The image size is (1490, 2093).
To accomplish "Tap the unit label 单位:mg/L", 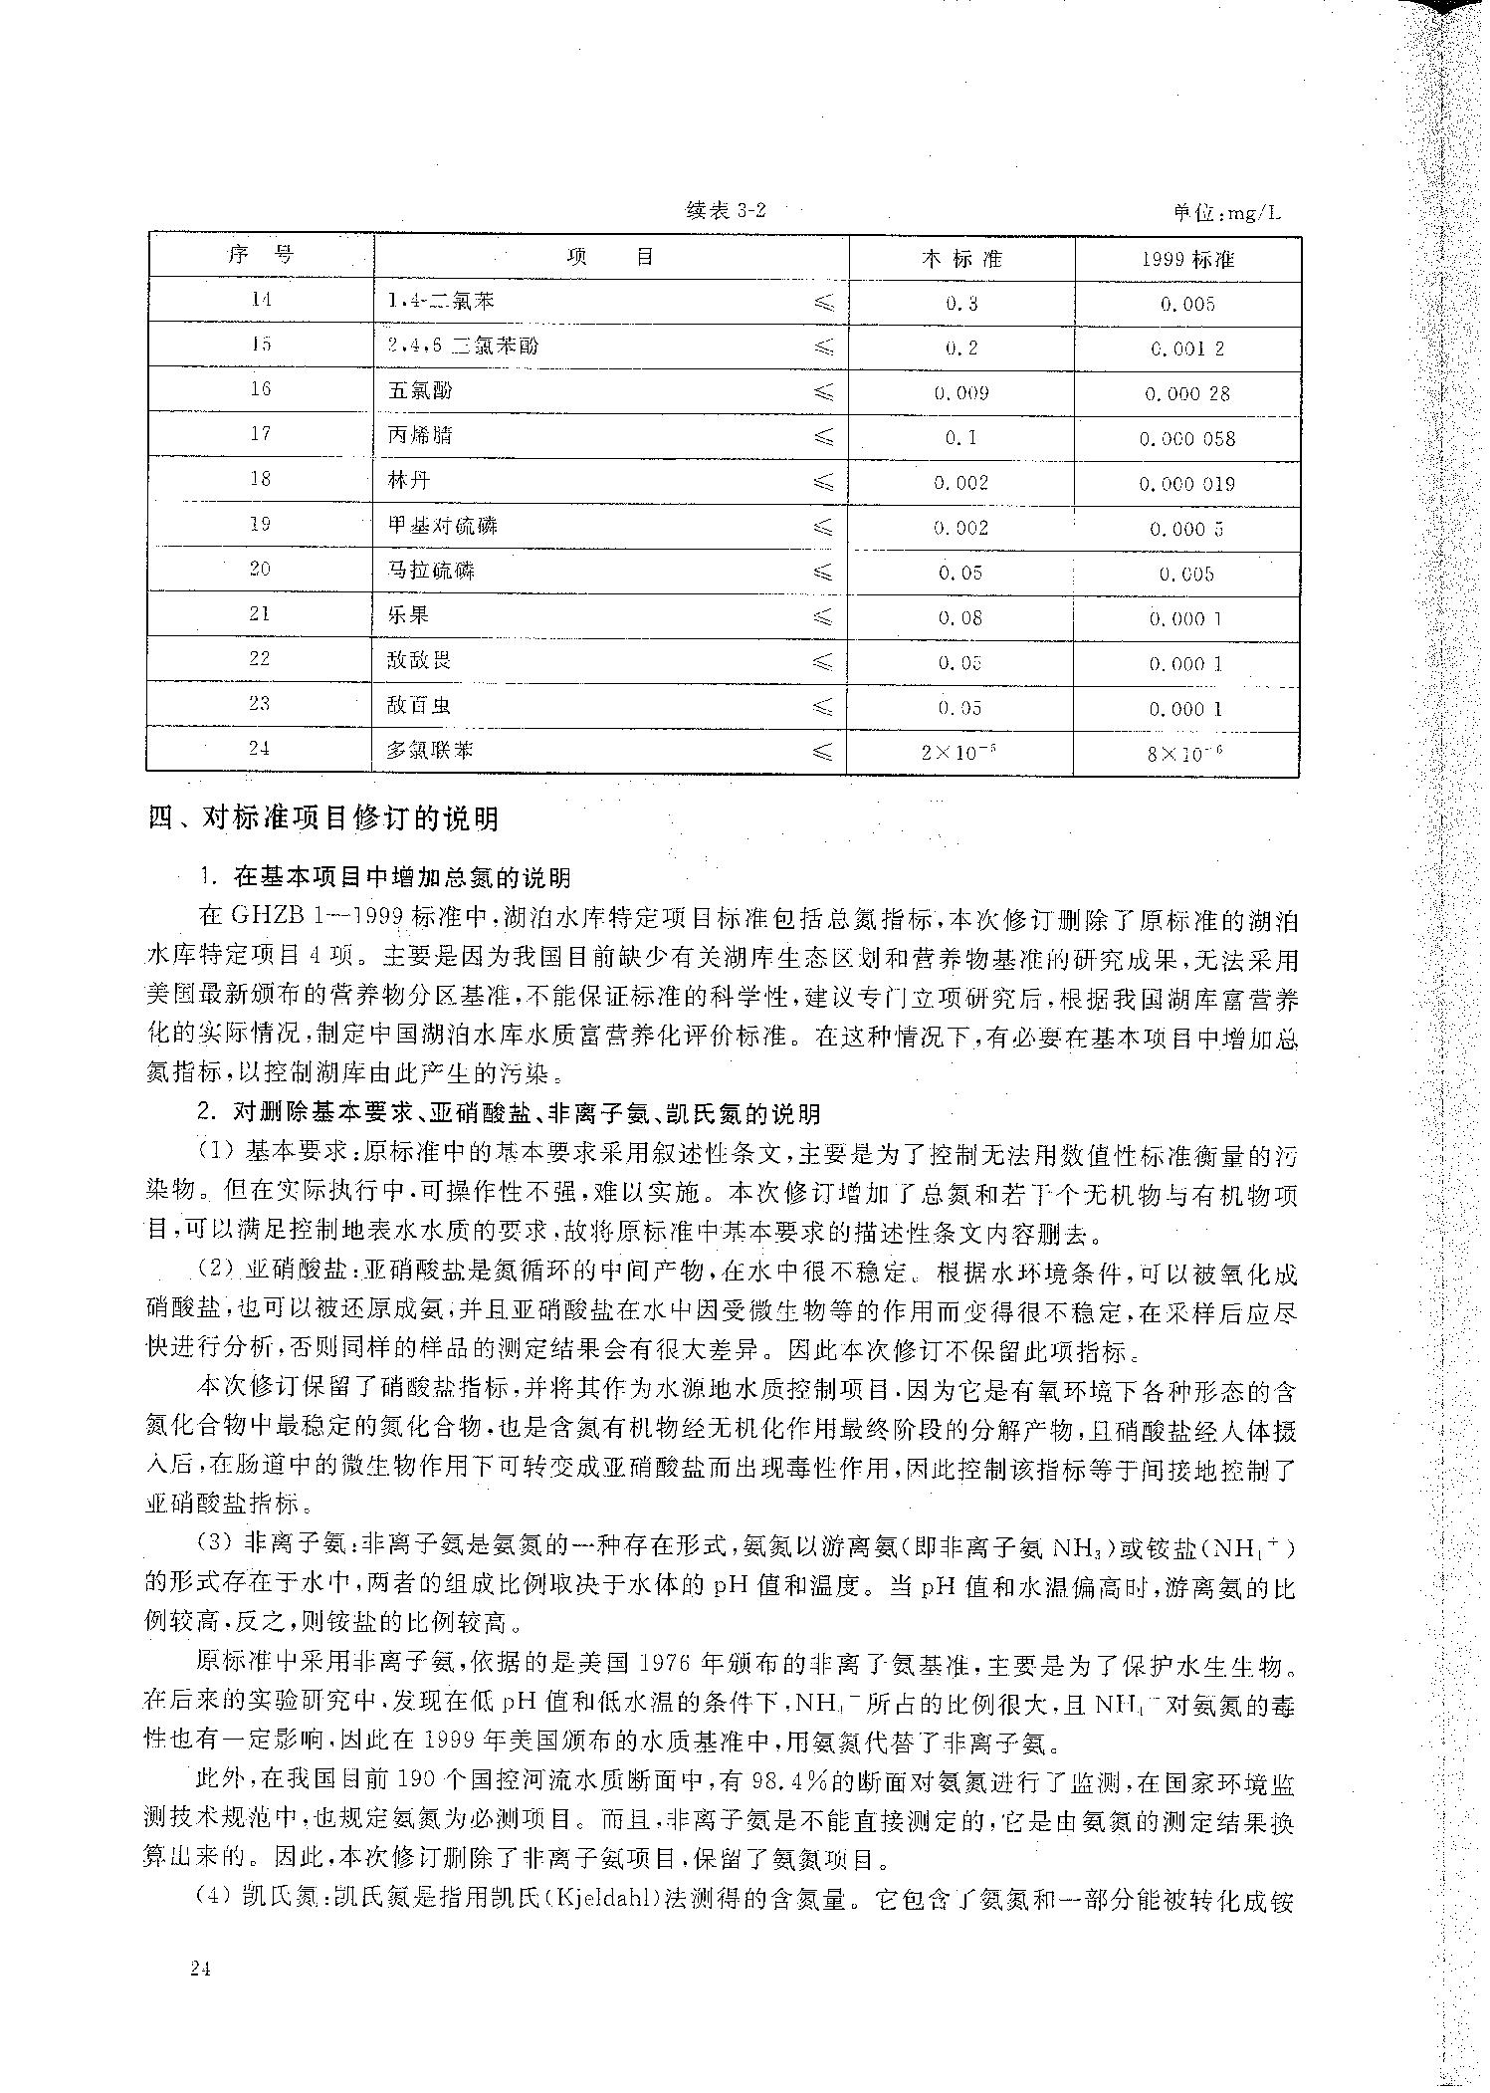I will (x=1226, y=212).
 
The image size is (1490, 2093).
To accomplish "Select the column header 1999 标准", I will (x=1187, y=259).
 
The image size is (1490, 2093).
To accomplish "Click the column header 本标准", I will (x=961, y=259).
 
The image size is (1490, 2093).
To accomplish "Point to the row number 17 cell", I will (x=260, y=433).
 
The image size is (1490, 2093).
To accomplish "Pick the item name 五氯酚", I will (x=420, y=390).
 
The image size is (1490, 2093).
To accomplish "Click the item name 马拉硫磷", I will (x=431, y=571).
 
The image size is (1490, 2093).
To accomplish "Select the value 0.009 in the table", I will (x=961, y=393).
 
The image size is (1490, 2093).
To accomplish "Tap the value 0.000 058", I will (x=1187, y=439).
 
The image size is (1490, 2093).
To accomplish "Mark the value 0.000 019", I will (x=1187, y=484).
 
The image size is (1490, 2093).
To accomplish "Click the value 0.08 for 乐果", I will (x=960, y=618).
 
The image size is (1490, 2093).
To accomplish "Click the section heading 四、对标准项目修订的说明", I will (x=322, y=819).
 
